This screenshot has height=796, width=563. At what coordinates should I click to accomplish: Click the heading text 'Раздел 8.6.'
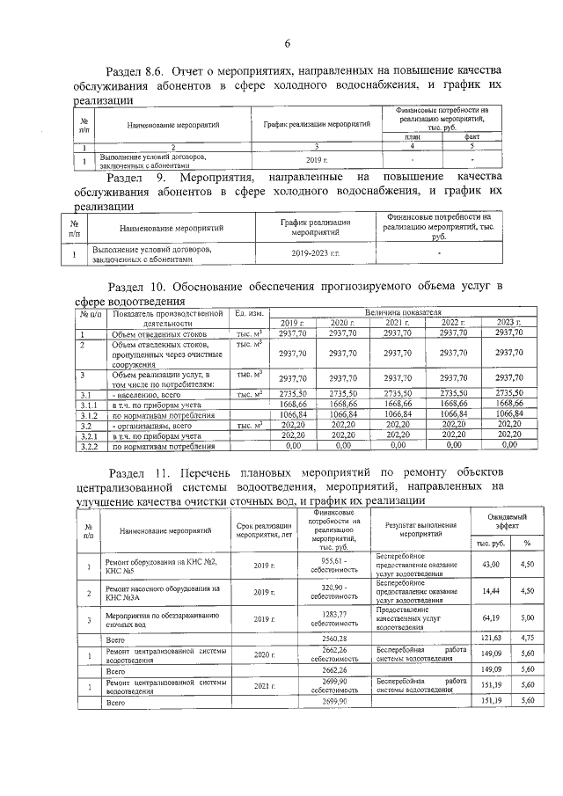pos(135,70)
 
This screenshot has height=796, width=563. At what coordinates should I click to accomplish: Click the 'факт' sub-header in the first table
pos(472,137)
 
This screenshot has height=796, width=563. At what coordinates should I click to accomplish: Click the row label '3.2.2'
pos(88,446)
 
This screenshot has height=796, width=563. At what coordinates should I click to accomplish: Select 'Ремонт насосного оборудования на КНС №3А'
pos(161,593)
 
